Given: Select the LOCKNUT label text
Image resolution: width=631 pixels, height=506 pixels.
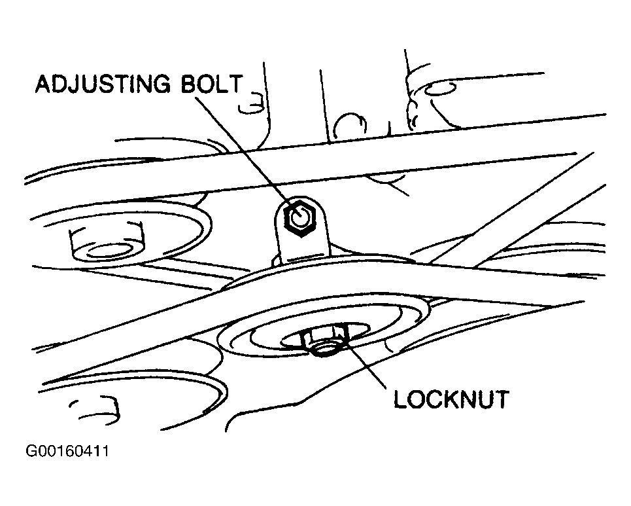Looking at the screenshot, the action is [x=451, y=398].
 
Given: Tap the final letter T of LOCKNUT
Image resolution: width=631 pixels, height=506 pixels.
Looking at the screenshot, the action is [x=500, y=398].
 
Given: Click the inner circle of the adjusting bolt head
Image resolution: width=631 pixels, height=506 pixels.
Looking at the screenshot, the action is [x=299, y=219].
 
